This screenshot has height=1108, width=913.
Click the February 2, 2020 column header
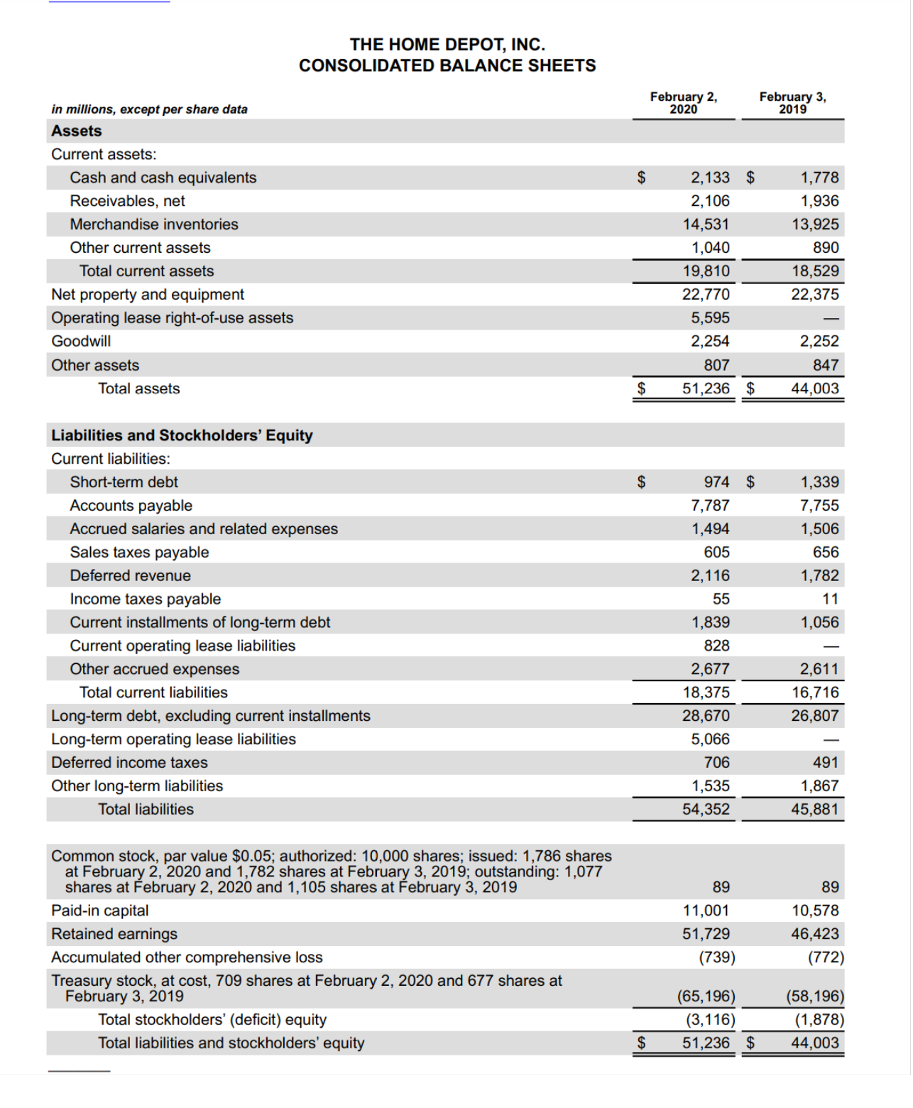(683, 102)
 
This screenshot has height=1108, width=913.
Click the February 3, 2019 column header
(792, 102)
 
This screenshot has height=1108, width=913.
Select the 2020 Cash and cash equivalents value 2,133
(710, 178)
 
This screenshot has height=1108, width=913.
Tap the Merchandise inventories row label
(154, 224)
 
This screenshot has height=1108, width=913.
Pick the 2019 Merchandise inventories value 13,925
(815, 224)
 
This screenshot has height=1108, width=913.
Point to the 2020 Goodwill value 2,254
(710, 342)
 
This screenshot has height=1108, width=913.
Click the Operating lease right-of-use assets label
(172, 318)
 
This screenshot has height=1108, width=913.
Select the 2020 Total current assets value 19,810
(706, 271)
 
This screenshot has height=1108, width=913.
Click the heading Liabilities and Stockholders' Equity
(182, 435)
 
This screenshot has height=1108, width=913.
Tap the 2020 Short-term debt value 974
(716, 482)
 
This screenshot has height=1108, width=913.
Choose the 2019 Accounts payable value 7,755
(819, 506)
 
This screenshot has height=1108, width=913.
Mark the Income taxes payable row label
(146, 599)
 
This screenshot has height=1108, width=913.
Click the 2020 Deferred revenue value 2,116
(710, 576)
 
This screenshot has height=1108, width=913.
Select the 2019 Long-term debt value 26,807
(815, 716)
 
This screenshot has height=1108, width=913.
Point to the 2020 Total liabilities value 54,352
(706, 810)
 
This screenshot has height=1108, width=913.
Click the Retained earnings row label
(114, 934)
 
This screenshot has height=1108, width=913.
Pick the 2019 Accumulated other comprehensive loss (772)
(826, 957)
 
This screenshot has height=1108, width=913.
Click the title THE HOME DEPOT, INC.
(447, 45)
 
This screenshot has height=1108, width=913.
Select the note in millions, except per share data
(149, 109)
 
